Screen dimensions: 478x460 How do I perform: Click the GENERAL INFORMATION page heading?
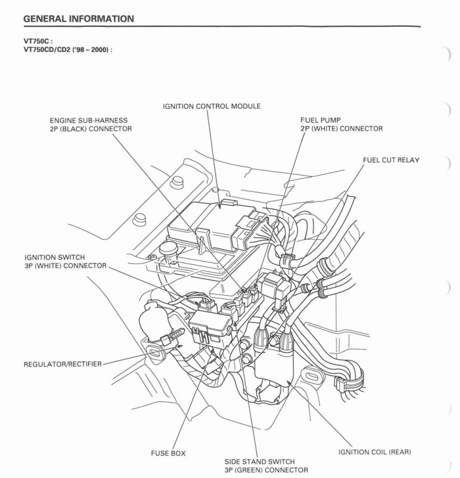77,19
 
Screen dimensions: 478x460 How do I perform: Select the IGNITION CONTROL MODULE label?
211,106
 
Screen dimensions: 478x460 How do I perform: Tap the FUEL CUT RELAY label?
391,160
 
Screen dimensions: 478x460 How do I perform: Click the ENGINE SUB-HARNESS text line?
89,120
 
